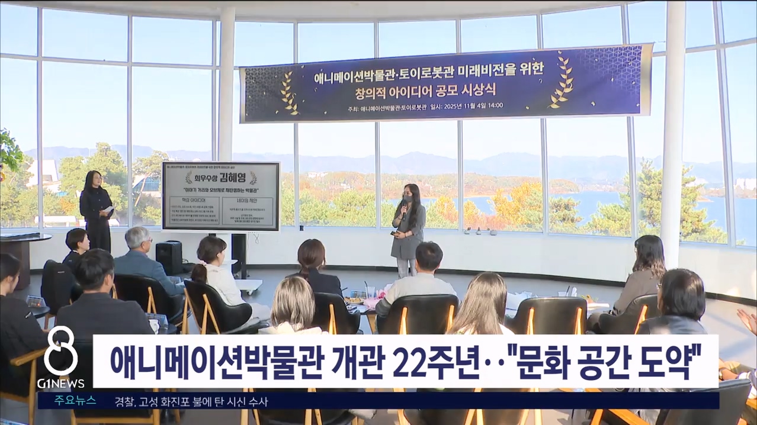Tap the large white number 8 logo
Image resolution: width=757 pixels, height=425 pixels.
coord(60,351)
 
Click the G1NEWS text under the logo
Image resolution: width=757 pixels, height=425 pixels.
coord(60,383)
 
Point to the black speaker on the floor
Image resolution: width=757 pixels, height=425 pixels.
coord(169,257)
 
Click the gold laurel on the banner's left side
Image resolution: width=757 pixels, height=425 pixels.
coord(289,92)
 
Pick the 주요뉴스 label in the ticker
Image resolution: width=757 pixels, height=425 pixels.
coord(75,400)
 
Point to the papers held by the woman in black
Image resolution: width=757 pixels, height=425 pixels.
coord(108,210)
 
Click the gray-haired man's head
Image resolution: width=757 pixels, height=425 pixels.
coord(137,237)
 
